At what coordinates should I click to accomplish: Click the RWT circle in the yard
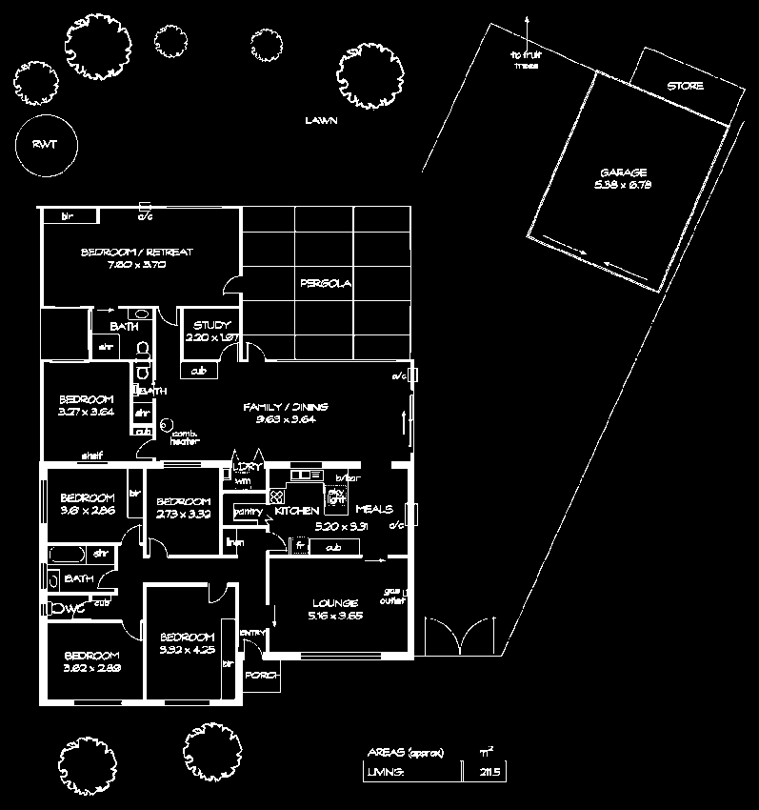45,144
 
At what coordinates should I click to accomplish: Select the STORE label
685,87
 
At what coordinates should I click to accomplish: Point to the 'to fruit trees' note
526,61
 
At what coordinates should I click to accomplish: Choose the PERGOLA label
326,284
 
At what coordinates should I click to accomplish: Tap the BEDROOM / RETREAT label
124,253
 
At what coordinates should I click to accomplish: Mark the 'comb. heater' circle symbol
164,424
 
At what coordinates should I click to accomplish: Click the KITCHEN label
294,511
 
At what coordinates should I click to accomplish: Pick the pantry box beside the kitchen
247,512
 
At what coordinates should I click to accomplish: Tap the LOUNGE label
333,603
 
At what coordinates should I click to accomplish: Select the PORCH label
261,675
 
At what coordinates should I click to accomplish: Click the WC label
69,607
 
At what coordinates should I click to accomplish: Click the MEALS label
375,510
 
